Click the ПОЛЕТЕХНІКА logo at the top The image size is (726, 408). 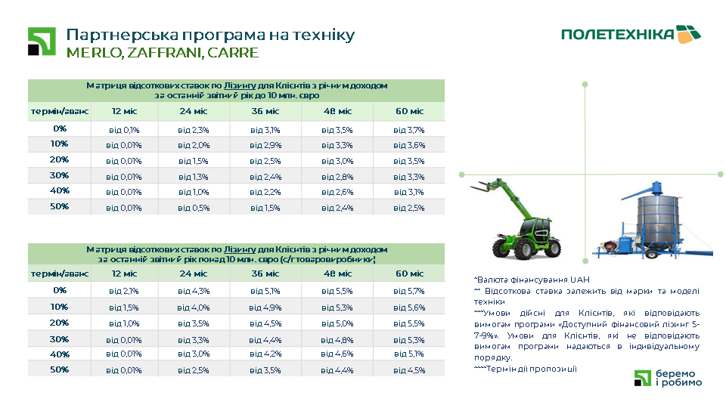click(631, 34)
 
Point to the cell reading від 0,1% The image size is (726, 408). click(124, 130)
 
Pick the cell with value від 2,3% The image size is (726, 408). click(194, 130)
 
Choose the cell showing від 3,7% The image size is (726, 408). click(409, 130)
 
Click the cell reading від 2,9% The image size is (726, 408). click(265, 145)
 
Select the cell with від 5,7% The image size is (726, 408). click(409, 291)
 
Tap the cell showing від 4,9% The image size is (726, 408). click(265, 308)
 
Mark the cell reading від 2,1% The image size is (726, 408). click(124, 291)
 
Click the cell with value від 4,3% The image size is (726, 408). click(194, 291)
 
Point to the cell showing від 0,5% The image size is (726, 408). click(194, 208)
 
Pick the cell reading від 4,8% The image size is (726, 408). click(337, 339)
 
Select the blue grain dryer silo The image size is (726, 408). click(655, 223)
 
